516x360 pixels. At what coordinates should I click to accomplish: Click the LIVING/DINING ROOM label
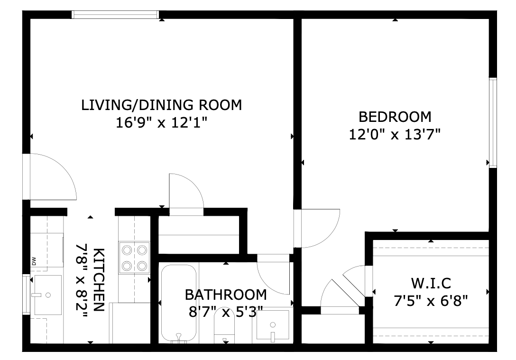click(161, 105)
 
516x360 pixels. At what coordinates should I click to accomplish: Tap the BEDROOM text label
click(395, 116)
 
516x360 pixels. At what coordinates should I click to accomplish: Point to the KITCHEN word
click(99, 279)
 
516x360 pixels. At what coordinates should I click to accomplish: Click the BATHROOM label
click(226, 295)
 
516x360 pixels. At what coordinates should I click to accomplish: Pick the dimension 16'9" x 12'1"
click(161, 123)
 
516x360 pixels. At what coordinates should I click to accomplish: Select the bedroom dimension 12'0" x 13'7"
click(395, 135)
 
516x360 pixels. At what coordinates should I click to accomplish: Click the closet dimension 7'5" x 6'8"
click(431, 301)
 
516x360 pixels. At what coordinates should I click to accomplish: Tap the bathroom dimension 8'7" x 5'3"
click(226, 312)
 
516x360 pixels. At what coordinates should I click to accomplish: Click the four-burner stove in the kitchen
click(134, 258)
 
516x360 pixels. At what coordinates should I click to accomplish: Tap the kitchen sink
click(47, 295)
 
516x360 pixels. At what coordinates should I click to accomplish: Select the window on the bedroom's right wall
click(493, 122)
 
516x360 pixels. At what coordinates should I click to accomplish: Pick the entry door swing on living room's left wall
click(50, 177)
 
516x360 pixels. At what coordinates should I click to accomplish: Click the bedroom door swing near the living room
click(316, 228)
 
